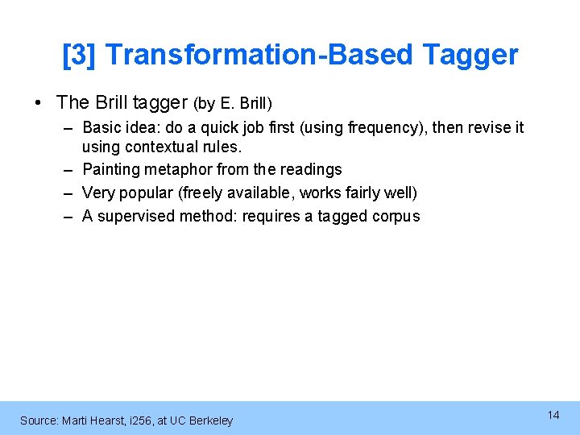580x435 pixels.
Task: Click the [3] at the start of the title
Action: [79, 55]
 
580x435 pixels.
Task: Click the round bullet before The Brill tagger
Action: [38, 103]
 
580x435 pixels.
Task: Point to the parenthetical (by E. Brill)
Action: [233, 104]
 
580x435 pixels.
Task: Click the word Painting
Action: [110, 169]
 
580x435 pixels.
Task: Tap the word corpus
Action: [396, 216]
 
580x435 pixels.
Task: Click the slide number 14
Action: [553, 415]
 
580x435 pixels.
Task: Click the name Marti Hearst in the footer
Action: [98, 420]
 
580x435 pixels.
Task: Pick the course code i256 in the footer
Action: [142, 420]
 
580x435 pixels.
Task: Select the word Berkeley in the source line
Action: [210, 420]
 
